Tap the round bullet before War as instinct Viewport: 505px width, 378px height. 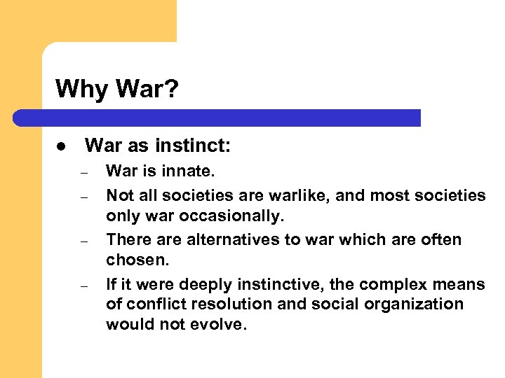pyautogui.click(x=62, y=147)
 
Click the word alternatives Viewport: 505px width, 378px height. pyautogui.click(x=220, y=240)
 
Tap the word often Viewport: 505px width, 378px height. pyautogui.click(x=442, y=240)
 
